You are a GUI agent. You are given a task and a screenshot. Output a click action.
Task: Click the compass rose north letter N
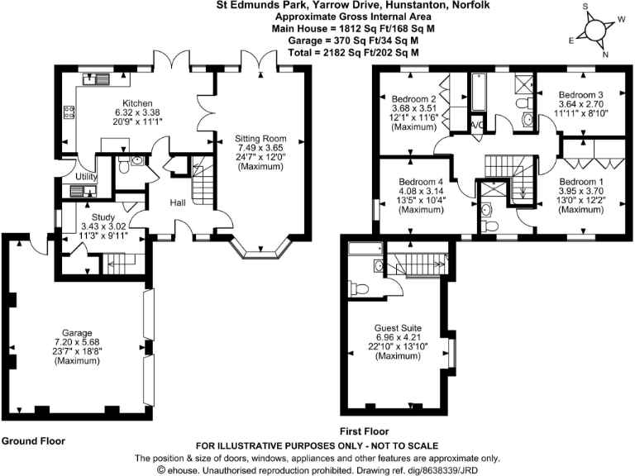point(604,55)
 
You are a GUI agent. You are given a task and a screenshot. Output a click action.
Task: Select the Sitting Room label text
point(260,139)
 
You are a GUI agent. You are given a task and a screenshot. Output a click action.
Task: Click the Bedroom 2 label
point(413,97)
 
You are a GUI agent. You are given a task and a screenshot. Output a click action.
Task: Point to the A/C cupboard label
point(476,125)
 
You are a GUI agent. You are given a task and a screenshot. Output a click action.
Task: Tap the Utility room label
point(87,177)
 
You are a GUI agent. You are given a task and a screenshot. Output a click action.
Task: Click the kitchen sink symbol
point(98,79)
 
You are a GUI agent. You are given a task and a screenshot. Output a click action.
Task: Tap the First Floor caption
point(365,431)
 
